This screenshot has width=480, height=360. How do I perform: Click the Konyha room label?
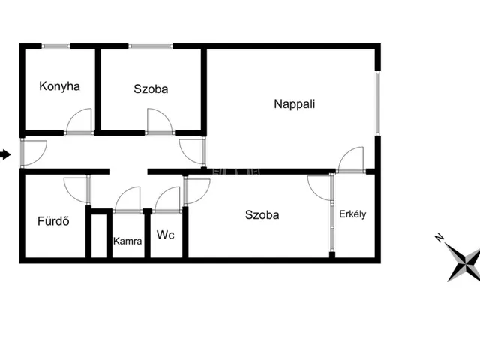pyautogui.click(x=59, y=86)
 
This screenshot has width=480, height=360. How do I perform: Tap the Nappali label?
pyautogui.click(x=294, y=104)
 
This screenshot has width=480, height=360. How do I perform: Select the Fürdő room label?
pyautogui.click(x=49, y=221)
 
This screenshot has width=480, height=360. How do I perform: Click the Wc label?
pyautogui.click(x=166, y=235)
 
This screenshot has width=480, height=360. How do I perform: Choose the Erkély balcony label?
pyautogui.click(x=352, y=214)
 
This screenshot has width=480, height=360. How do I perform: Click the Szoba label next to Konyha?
pyautogui.click(x=151, y=88)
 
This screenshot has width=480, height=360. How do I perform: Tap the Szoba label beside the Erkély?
pyautogui.click(x=262, y=215)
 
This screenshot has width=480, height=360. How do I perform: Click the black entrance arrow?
pyautogui.click(x=6, y=155)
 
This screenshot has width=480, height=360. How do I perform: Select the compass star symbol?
pyautogui.click(x=464, y=263)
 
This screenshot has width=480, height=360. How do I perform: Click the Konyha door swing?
pyautogui.click(x=79, y=121)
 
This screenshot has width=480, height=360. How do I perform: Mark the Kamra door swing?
pyautogui.click(x=127, y=199)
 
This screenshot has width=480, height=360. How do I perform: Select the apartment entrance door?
pyautogui.click(x=34, y=151)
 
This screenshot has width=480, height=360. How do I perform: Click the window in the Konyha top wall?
pyautogui.click(x=56, y=46)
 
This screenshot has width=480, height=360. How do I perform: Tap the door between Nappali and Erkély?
pyautogui.click(x=351, y=160)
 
